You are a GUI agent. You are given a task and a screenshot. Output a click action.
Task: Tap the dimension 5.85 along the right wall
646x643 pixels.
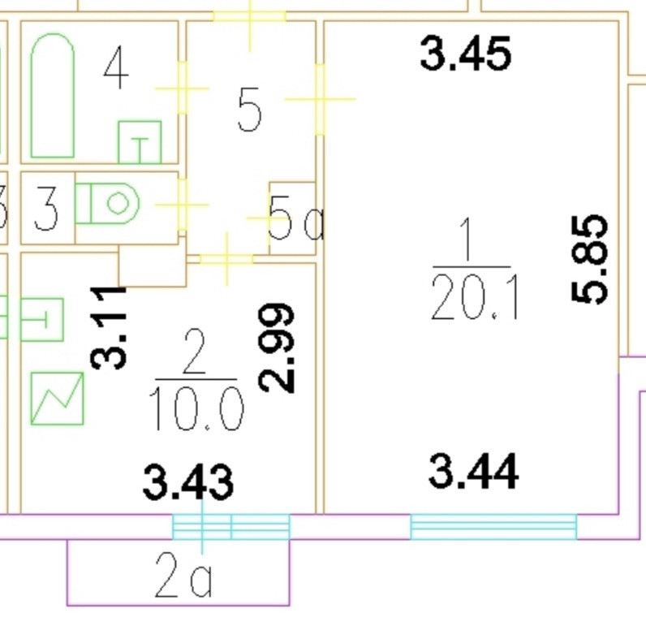click(590, 259)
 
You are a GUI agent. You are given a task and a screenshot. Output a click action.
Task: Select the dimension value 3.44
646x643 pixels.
click(472, 473)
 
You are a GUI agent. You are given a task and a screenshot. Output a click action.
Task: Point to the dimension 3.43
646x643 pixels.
click(188, 481)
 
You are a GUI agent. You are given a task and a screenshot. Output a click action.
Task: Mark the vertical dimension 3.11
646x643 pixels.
click(110, 326)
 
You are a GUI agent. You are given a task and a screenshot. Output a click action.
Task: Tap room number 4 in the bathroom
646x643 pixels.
click(116, 70)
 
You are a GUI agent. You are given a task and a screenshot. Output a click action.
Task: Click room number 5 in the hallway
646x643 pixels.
click(249, 110)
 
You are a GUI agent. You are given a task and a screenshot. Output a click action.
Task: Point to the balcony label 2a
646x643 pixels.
click(183, 580)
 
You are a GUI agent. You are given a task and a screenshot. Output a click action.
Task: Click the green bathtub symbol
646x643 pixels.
click(53, 96)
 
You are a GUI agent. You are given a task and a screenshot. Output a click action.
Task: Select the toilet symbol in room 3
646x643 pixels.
click(109, 202)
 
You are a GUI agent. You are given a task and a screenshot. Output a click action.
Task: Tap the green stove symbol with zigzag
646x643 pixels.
click(58, 398)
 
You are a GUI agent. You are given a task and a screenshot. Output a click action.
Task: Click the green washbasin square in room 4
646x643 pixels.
click(140, 142)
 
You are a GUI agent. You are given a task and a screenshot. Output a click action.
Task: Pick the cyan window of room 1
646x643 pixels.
click(493, 526)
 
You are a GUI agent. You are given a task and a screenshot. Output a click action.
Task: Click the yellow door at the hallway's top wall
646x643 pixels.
click(249, 17)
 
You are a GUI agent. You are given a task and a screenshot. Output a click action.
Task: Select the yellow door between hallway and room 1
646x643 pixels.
click(320, 99)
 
